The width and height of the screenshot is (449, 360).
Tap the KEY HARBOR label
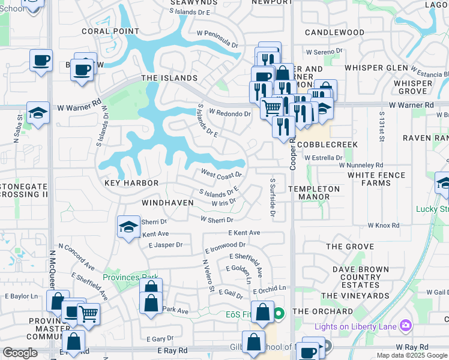pyautogui.click(x=131, y=183)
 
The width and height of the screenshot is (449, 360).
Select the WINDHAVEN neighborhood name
pyautogui.click(x=167, y=203)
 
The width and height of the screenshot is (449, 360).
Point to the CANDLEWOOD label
pyautogui.click(x=334, y=32)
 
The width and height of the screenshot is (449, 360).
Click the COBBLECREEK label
pyautogui.click(x=327, y=145)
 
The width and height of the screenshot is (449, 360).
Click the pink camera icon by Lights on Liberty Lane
pyautogui.click(x=406, y=325)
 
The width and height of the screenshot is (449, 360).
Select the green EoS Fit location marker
pyautogui.click(x=279, y=313)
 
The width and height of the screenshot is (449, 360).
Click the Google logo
pyautogui.click(x=20, y=353)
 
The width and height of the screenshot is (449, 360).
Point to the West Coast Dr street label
pyautogui.click(x=221, y=174)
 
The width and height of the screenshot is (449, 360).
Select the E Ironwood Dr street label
pyautogui.click(x=224, y=245)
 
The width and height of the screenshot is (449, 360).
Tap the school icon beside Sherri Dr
pyautogui.click(x=128, y=227)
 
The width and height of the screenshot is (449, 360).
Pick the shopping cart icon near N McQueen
pyautogui.click(x=88, y=313)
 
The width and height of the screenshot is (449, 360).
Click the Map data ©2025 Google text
pyautogui.click(x=412, y=355)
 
